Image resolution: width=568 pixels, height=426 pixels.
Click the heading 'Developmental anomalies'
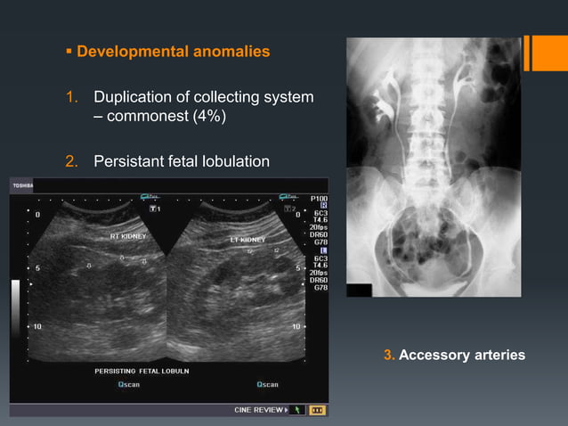173,52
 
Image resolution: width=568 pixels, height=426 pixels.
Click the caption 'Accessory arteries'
461,356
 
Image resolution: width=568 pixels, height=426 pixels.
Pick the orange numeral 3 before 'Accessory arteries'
387,356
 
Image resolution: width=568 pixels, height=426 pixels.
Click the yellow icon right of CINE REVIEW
316,410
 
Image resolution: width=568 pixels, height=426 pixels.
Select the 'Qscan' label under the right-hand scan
267,385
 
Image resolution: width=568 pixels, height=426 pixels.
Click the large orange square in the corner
549,53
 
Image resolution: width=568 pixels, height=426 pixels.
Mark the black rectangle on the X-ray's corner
359,290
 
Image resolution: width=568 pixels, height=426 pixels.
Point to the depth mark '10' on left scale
37,327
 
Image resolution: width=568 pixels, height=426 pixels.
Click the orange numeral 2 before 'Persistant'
69,161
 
